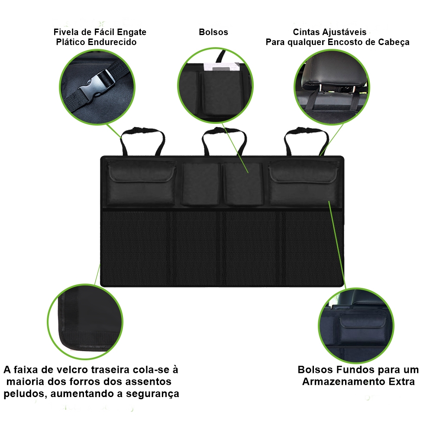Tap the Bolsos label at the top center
(213, 32)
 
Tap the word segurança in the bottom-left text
(152, 394)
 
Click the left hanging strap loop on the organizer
(142, 140)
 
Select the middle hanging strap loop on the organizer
(224, 140)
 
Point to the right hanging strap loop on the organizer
(306, 140)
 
